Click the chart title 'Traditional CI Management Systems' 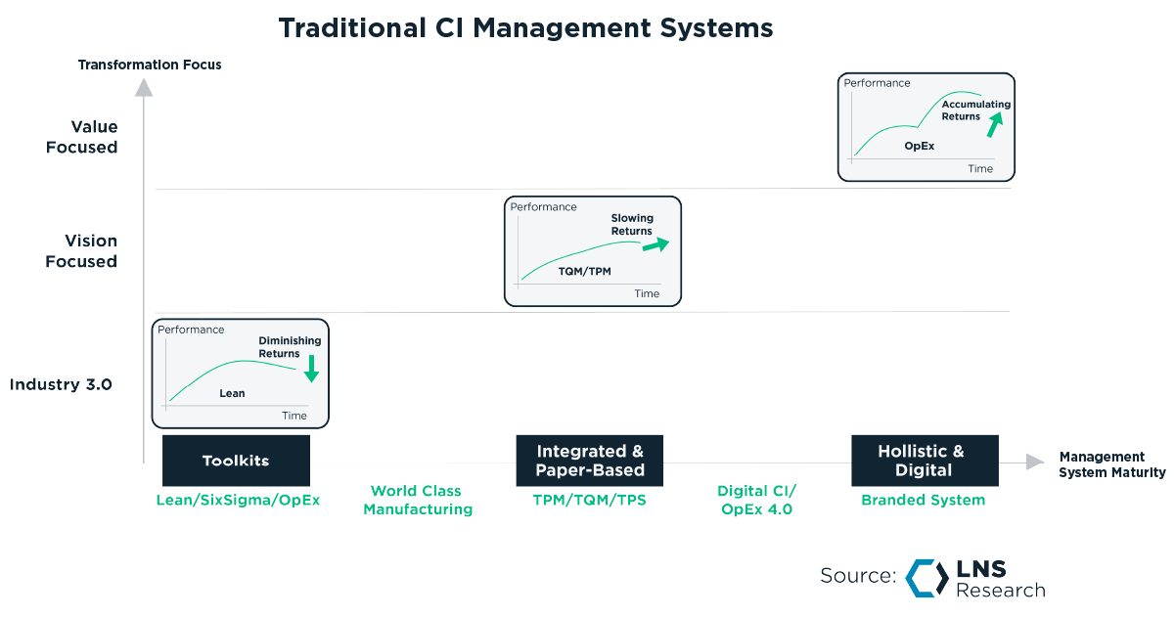[x=525, y=27]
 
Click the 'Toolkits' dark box [x=236, y=461]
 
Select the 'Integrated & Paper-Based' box [x=589, y=461]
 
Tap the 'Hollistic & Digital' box [x=924, y=461]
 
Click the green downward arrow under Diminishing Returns [x=311, y=369]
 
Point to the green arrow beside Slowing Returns [x=655, y=245]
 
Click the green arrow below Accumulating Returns [x=995, y=124]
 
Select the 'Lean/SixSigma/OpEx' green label [x=238, y=500]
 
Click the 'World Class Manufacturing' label [x=417, y=500]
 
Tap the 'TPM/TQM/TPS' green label [x=589, y=500]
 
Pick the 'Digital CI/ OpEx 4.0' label [x=756, y=500]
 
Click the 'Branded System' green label [x=923, y=500]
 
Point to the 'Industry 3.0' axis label [x=61, y=384]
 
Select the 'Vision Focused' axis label [x=82, y=251]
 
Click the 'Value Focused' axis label [x=82, y=137]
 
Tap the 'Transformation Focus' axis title [x=150, y=65]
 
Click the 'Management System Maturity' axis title [x=1111, y=464]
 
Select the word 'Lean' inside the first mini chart [x=232, y=393]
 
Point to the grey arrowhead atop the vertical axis [x=144, y=87]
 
